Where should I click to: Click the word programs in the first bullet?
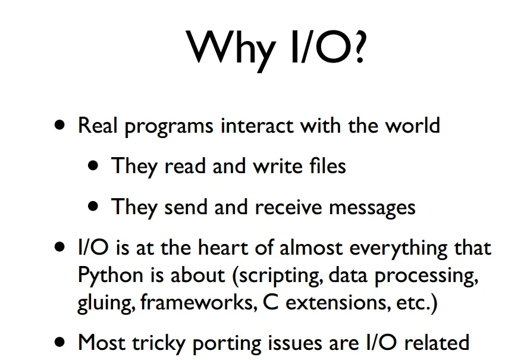[x=169, y=126]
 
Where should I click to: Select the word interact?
[x=257, y=126]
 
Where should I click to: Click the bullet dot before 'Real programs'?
[x=59, y=125]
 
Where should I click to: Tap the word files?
[x=328, y=165]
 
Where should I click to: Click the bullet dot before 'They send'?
[x=93, y=206]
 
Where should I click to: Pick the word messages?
[x=372, y=208]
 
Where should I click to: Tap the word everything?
[x=398, y=249]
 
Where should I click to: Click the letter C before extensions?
[x=271, y=302]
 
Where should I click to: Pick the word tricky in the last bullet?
[x=159, y=343]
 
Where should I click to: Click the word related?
[x=437, y=342]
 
